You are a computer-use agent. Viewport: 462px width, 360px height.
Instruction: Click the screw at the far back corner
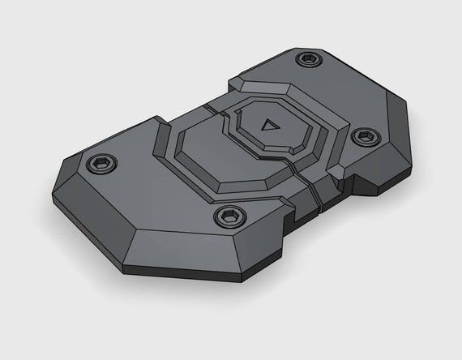(308, 59)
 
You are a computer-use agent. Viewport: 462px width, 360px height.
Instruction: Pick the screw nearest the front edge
(229, 216)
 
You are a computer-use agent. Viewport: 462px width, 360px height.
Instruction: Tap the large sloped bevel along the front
(195, 247)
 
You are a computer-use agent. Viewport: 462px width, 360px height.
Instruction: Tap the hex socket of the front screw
(229, 216)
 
